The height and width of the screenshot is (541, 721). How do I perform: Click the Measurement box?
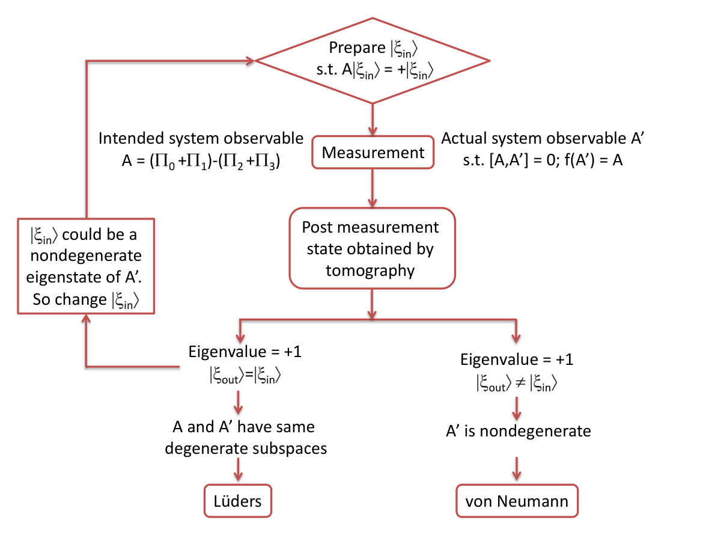[x=373, y=152]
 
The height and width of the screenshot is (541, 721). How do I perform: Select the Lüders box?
[x=238, y=501]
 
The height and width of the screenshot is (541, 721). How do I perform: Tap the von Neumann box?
[x=517, y=501]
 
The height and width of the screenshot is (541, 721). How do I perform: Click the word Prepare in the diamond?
[x=357, y=47]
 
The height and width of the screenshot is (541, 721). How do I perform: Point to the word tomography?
[x=370, y=270]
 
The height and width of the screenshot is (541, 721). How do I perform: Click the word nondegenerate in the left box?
[x=86, y=255]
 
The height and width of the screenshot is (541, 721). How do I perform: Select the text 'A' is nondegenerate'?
[x=519, y=430]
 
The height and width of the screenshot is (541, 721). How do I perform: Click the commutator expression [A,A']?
[x=509, y=160]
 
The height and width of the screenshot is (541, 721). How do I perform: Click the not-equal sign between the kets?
[x=520, y=383]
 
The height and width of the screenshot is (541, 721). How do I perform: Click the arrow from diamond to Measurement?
[x=373, y=119]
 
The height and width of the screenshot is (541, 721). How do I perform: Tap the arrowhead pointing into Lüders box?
[x=238, y=476]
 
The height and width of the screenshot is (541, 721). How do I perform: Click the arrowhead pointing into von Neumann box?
[x=517, y=475]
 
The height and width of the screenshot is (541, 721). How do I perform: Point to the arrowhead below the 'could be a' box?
[x=86, y=319]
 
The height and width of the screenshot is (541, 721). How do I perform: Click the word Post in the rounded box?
[x=316, y=227]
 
